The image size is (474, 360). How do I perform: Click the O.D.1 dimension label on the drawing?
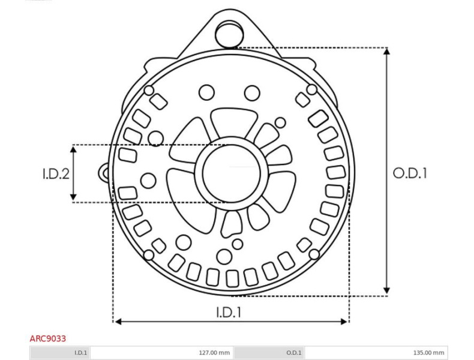coord(410,173)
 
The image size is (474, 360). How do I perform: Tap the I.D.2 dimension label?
coord(56,173)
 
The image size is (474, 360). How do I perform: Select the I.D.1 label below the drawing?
coord(229,312)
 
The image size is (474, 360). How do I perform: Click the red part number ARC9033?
coord(48,338)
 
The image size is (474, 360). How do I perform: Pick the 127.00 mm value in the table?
coord(214,352)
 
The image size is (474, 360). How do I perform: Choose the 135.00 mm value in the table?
coord(428,352)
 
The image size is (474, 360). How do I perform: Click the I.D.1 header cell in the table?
coord(81,352)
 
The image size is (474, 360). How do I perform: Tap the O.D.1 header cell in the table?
coord(293,352)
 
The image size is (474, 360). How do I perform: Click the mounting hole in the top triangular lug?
coord(229,33)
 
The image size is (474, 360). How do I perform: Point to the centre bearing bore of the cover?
coord(231,173)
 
